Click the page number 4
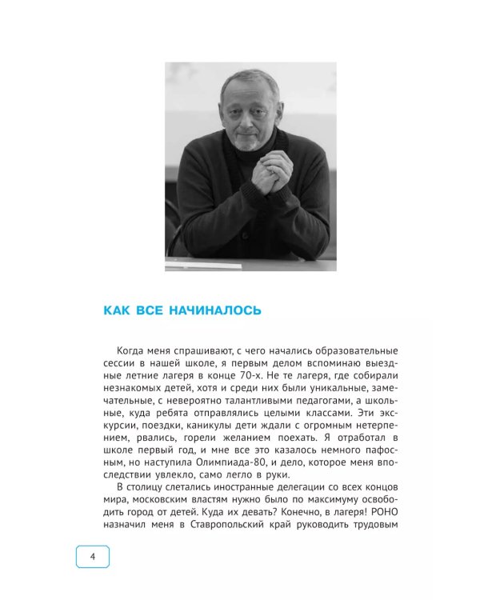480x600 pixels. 92,557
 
